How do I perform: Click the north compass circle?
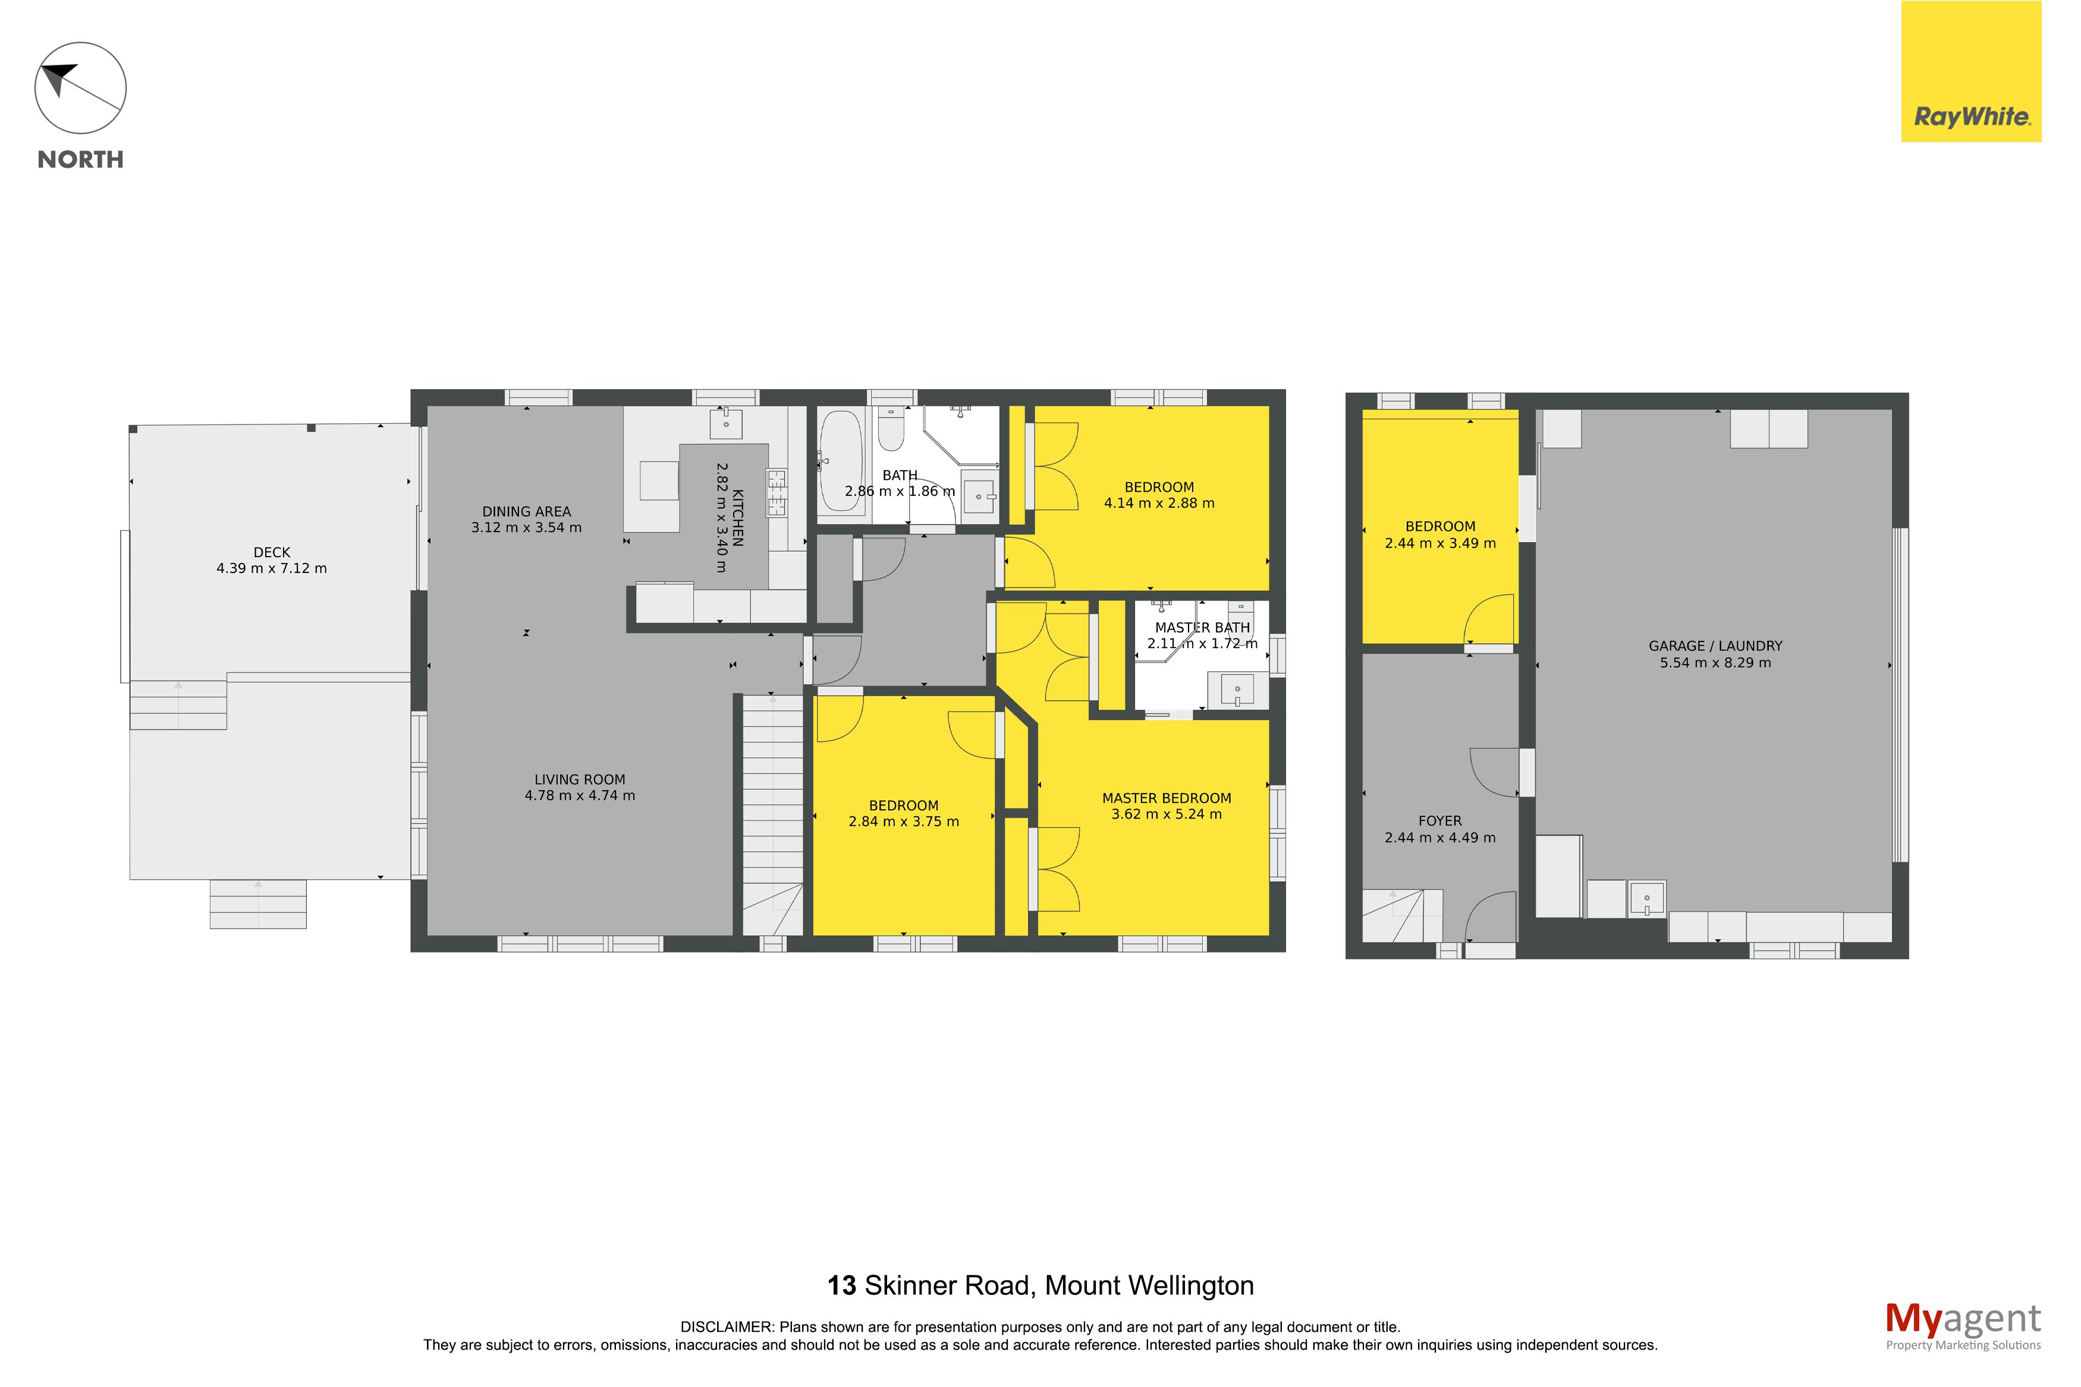click(80, 89)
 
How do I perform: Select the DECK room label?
click(272, 552)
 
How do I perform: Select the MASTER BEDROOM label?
click(1167, 798)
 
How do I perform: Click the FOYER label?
click(1440, 821)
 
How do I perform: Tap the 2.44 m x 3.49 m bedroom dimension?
click(1440, 543)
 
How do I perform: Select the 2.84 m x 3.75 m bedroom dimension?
click(903, 822)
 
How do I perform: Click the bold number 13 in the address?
click(842, 1285)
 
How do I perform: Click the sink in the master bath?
click(1237, 689)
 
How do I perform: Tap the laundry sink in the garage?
click(1647, 899)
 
